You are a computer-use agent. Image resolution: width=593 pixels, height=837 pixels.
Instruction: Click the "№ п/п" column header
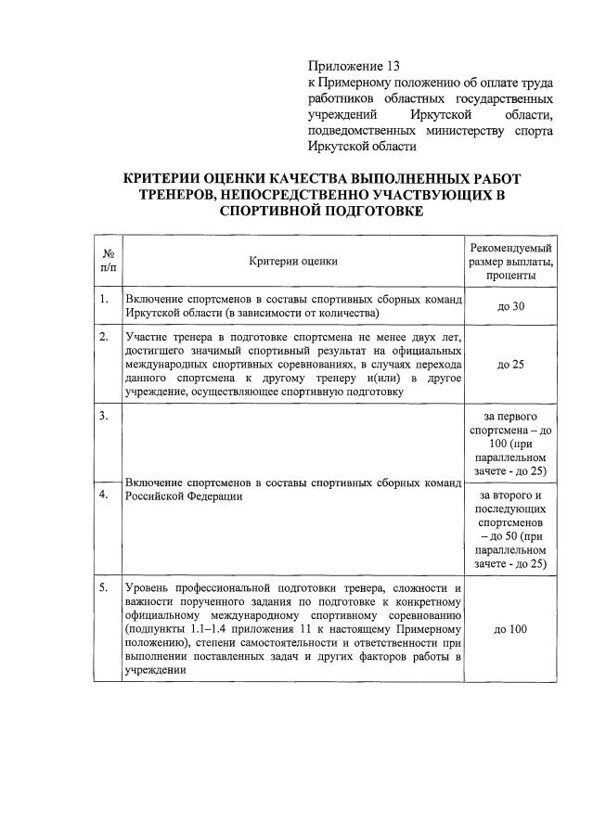pyautogui.click(x=109, y=261)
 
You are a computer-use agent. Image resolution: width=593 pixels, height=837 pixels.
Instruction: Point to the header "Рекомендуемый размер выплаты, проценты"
pyautogui.click(x=510, y=261)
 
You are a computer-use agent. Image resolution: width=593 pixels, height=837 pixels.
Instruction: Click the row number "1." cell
pyautogui.click(x=105, y=300)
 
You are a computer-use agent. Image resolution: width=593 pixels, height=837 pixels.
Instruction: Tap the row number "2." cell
pyautogui.click(x=105, y=336)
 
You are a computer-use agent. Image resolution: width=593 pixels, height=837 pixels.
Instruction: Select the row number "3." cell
pyautogui.click(x=105, y=416)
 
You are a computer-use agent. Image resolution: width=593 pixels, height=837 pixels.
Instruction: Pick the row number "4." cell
pyautogui.click(x=105, y=495)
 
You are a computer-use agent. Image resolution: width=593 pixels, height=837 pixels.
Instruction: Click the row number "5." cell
pyautogui.click(x=105, y=587)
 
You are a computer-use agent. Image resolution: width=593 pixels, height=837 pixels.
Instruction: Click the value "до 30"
pyautogui.click(x=510, y=307)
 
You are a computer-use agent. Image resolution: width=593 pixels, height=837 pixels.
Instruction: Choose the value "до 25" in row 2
pyautogui.click(x=510, y=364)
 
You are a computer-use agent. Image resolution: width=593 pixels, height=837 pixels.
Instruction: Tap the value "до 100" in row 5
pyautogui.click(x=510, y=629)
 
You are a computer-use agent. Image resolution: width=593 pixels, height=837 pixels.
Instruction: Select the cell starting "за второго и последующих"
pyautogui.click(x=510, y=529)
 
